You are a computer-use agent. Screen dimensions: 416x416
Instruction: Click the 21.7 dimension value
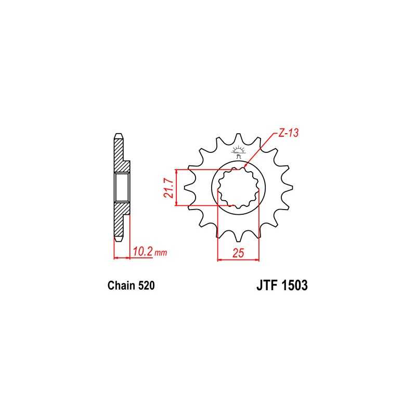tap(167, 187)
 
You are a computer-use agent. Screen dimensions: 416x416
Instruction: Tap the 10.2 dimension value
tap(142, 252)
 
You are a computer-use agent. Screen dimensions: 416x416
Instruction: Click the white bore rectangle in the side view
tap(121, 188)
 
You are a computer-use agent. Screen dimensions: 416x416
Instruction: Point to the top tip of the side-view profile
tap(118, 136)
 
